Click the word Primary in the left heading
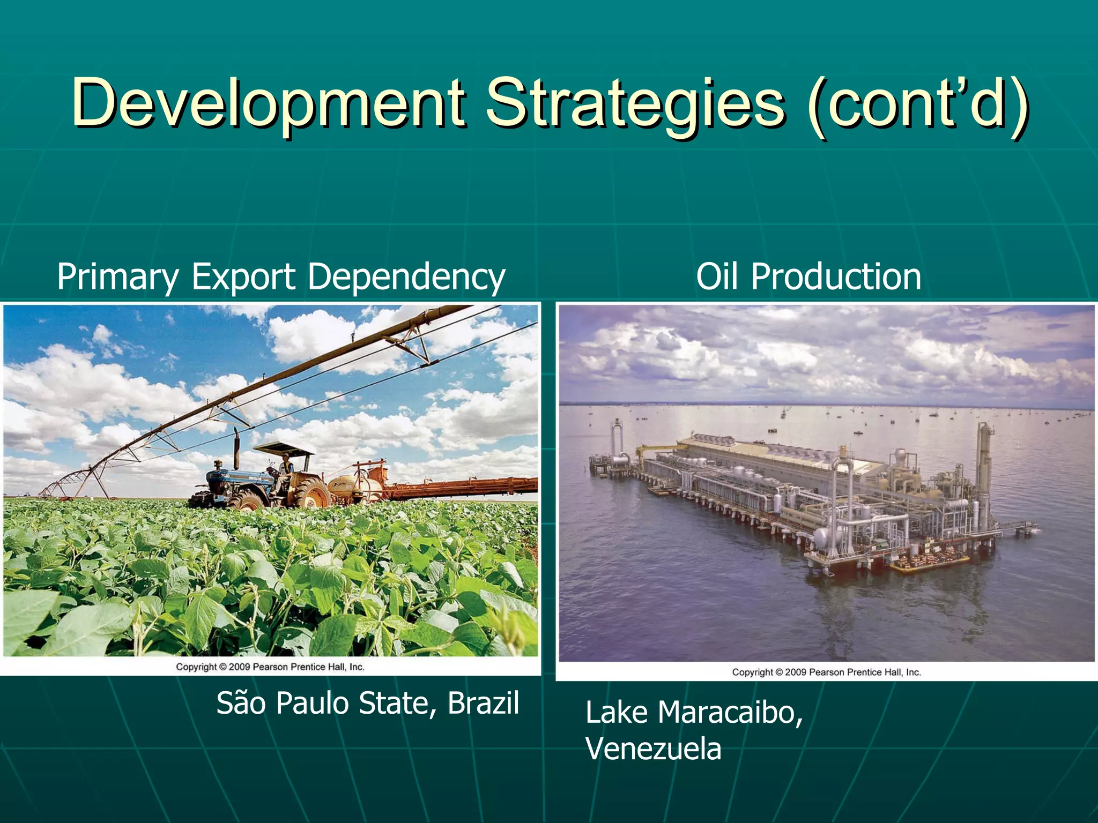[x=117, y=278]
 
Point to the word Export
[x=243, y=276]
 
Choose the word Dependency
[x=406, y=278]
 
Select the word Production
[x=836, y=276]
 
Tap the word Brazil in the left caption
[x=483, y=703]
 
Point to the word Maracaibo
[x=730, y=713]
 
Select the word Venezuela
[x=653, y=749]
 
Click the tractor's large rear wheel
[x=310, y=493]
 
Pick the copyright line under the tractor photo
[x=270, y=667]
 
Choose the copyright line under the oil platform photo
[x=826, y=672]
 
